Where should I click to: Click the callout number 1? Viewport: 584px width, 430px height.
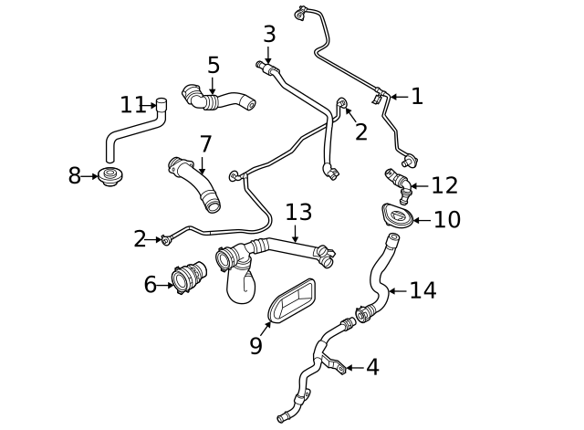[417, 97]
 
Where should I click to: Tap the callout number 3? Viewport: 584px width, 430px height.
[268, 35]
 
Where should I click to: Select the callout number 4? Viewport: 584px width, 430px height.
[371, 368]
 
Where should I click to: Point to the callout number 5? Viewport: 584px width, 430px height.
[213, 65]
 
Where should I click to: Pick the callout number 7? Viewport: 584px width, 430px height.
[205, 144]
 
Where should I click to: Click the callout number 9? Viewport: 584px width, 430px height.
[256, 345]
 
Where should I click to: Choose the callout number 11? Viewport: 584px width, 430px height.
[133, 104]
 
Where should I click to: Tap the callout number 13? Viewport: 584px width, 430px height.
[298, 213]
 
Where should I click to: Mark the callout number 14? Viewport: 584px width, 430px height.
[422, 290]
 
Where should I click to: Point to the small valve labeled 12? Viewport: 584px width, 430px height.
[398, 179]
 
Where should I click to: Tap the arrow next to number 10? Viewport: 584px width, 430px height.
[420, 219]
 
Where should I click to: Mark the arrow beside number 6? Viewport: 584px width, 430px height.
[167, 286]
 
